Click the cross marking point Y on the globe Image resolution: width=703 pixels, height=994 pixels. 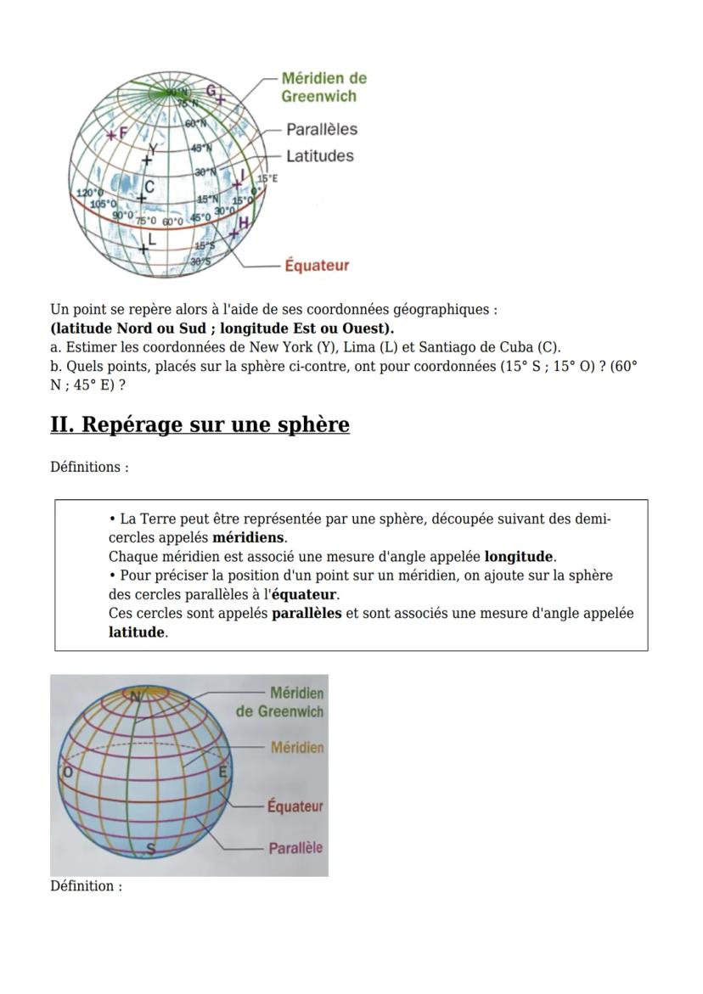coord(148,160)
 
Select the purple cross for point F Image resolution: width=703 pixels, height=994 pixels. coord(111,134)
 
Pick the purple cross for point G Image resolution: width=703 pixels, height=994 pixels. coord(221,99)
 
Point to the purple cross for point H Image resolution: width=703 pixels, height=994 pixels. coord(233,233)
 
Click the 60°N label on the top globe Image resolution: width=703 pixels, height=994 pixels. coord(195,124)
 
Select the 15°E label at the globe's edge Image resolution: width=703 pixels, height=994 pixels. coord(267,179)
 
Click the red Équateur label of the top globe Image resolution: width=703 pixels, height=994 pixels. coord(317,266)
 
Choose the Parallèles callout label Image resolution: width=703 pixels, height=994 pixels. coord(321,130)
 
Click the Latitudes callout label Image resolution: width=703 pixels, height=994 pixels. coord(319,156)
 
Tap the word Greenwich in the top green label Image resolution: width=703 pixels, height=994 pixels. coord(318,96)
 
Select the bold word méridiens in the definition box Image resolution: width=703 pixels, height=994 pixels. coord(248,538)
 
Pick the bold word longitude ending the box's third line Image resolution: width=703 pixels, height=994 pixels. coord(519,557)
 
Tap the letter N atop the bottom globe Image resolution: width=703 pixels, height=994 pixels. coord(135,696)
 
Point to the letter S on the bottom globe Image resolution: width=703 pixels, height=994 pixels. coord(149,847)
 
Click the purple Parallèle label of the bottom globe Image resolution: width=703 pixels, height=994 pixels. coord(295,848)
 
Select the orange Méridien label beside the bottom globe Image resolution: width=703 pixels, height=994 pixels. coord(296,748)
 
